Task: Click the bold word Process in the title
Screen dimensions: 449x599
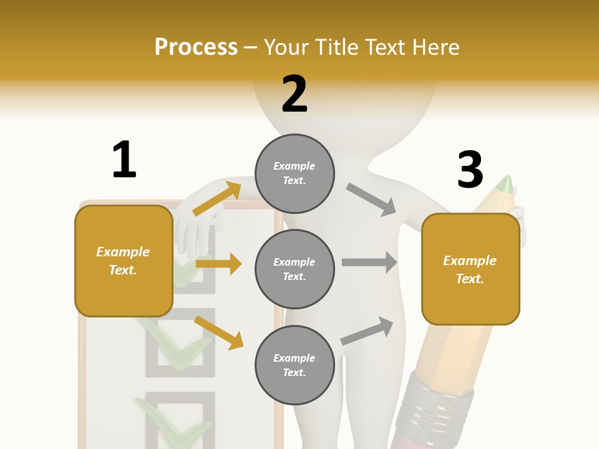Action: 196,47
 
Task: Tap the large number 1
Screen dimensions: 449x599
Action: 124,160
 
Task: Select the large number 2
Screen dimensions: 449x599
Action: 295,94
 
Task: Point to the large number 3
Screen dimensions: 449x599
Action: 470,170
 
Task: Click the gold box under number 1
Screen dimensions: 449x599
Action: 124,261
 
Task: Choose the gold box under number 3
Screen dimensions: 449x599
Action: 470,269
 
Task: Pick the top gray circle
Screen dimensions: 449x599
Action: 295,173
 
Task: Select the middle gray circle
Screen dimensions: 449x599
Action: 295,269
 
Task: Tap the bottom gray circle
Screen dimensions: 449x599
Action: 295,365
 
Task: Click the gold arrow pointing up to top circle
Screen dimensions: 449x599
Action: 217,198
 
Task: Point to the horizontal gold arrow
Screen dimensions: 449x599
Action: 218,264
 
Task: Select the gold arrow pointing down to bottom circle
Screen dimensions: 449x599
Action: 218,332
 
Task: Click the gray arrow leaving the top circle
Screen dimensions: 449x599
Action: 371,200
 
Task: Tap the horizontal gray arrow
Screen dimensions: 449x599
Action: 369,262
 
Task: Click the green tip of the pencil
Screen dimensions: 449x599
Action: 506,184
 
